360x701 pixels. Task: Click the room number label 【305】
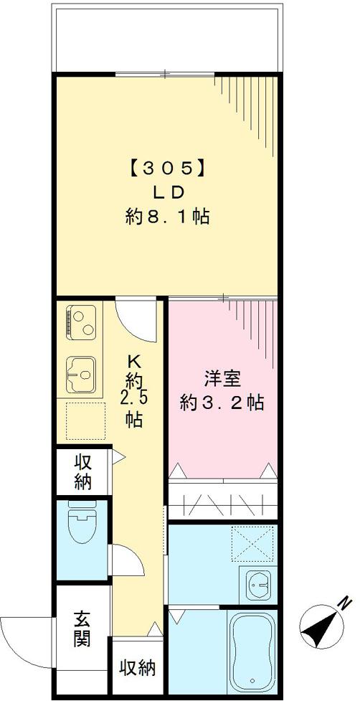pos(167,169)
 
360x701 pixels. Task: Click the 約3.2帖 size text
pos(222,403)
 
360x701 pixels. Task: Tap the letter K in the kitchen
pos(133,361)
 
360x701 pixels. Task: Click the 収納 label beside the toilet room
pos(82,471)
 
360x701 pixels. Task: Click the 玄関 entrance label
pos(82,629)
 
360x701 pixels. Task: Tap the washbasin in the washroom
pos(257,585)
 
